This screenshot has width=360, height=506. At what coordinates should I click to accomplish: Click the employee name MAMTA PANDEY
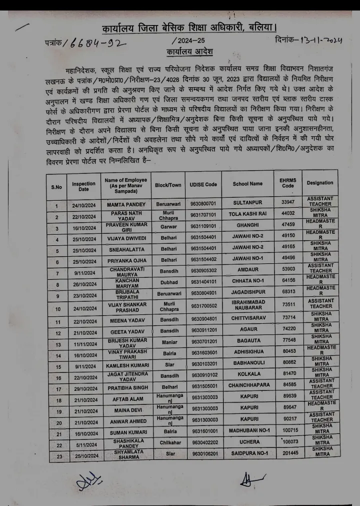(x=126, y=205)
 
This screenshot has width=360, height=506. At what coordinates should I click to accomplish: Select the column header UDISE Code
(x=203, y=184)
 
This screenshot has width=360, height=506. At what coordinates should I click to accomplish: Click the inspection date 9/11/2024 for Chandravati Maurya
(x=83, y=274)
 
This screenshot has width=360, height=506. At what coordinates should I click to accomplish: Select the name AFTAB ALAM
(x=126, y=400)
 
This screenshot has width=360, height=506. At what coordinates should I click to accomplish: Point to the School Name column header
(x=247, y=184)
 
